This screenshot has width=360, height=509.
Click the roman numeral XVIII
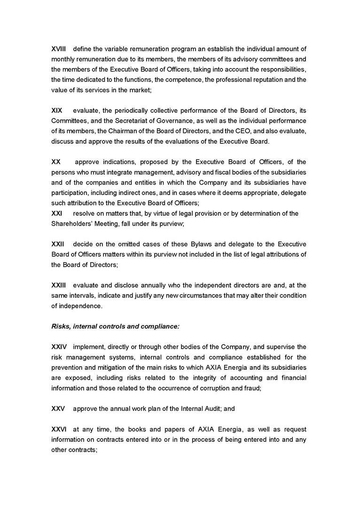pyautogui.click(x=58, y=49)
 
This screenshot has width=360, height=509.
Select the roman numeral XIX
pyautogui.click(x=56, y=110)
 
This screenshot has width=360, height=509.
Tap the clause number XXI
pyautogui.click(x=56, y=213)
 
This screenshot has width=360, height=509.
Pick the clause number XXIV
pyautogui.click(x=59, y=347)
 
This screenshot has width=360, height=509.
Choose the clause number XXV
pyautogui.click(x=58, y=409)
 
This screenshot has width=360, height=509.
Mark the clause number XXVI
pyautogui.click(x=59, y=429)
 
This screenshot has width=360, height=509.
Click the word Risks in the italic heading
pyautogui.click(x=61, y=326)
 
